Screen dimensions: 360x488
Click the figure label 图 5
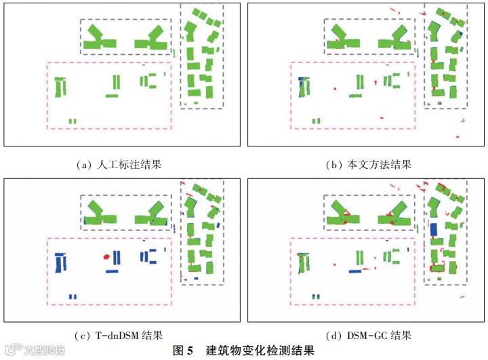click(x=183, y=351)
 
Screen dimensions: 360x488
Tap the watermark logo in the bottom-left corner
click(x=34, y=351)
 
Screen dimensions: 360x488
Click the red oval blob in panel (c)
click(x=105, y=257)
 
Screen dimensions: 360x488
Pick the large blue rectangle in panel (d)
click(x=433, y=229)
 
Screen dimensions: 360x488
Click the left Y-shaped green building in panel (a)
click(x=99, y=39)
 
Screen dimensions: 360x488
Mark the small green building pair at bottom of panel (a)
click(x=72, y=121)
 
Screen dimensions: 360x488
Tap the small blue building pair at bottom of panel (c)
click(x=72, y=297)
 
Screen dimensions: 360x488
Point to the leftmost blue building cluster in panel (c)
click(x=61, y=262)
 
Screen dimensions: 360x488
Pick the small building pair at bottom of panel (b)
click(x=316, y=121)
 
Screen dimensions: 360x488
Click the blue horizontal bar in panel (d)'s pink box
click(x=355, y=271)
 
